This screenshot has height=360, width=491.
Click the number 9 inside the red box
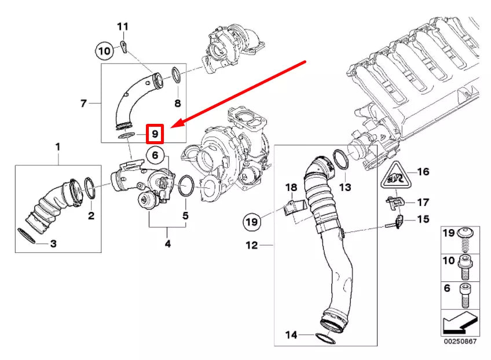coord(155,134)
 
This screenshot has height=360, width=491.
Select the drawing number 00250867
coord(460,341)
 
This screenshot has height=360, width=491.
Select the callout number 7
coord(83,104)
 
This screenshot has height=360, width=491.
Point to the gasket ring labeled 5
coord(185,186)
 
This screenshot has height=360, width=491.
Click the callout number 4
coord(167,244)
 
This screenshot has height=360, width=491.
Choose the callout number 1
coord(57,147)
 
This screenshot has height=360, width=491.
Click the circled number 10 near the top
coord(104,51)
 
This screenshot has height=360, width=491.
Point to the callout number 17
coord(423,202)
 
